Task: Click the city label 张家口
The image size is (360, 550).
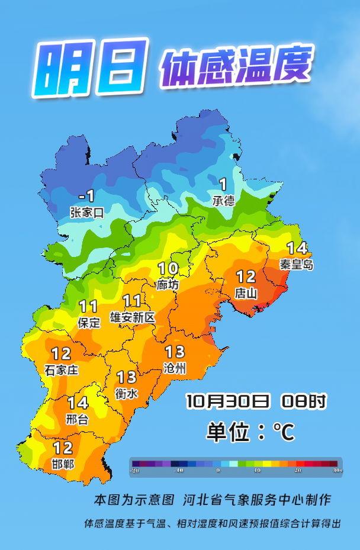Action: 86,213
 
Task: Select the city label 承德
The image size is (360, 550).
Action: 223,201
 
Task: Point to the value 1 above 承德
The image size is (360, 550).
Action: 223,184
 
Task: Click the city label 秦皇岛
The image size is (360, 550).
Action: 296,264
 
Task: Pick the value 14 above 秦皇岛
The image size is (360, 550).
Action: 297,248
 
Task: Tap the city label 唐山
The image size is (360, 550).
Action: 246,292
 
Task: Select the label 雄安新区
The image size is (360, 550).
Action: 133,318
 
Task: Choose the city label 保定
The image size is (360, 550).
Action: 89,323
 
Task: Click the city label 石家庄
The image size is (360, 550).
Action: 62,371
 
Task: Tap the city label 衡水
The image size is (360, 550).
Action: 127,393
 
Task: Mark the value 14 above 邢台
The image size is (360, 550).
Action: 78,403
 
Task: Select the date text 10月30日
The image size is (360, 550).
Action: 228,401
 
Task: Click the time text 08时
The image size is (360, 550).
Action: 303,401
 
